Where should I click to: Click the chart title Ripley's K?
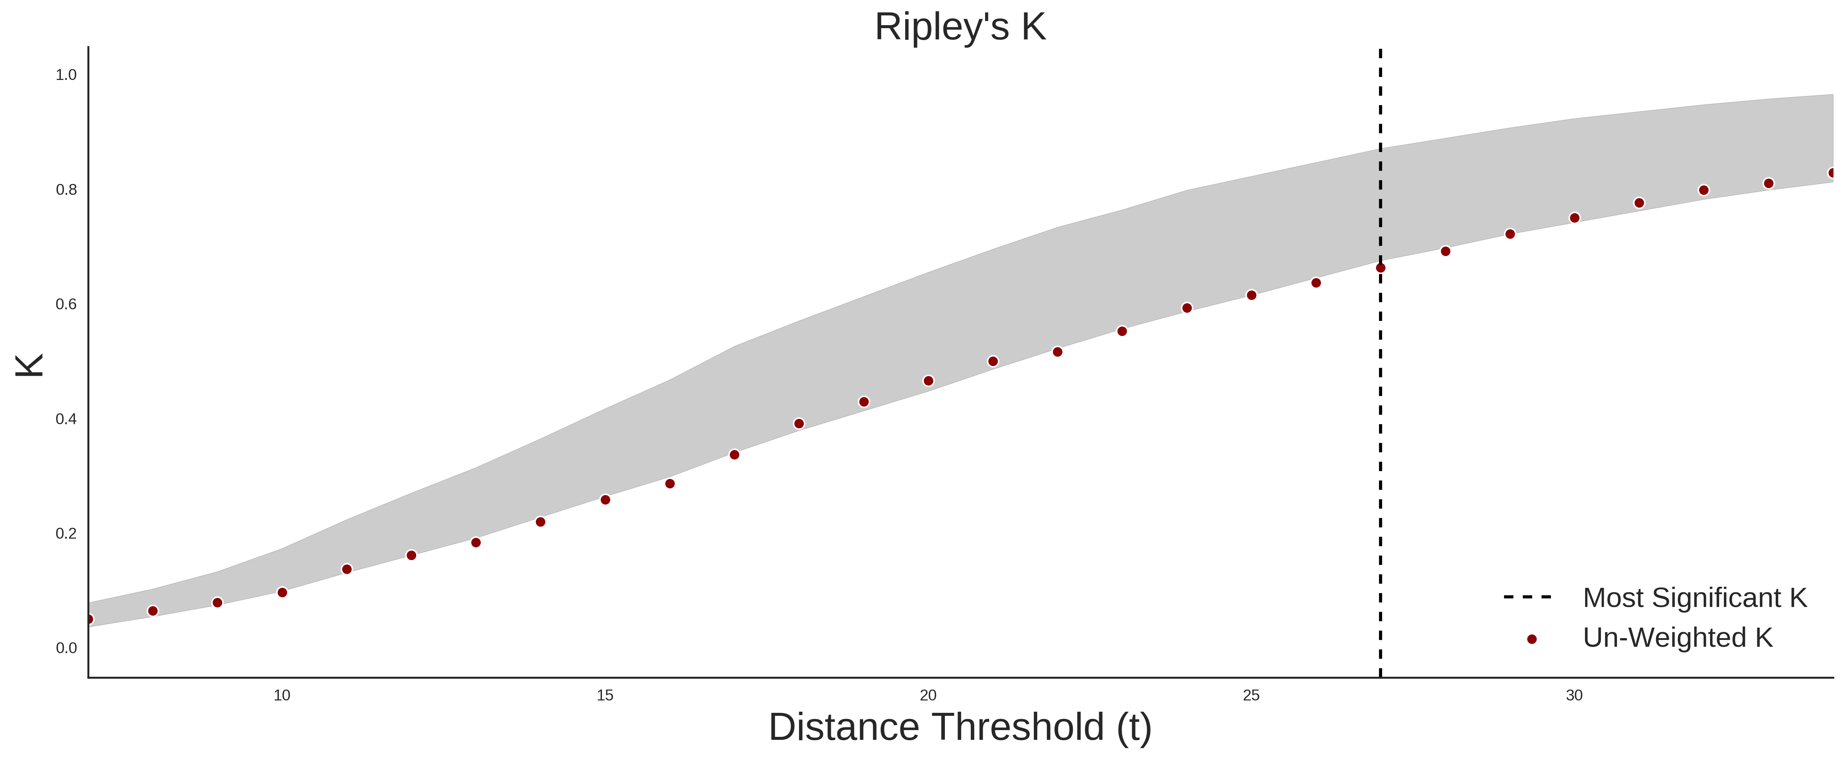coord(960,27)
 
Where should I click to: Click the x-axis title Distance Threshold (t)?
coord(960,727)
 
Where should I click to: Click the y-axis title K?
coord(29,365)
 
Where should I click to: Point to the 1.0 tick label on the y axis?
coord(66,75)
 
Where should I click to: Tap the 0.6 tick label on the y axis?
coord(66,304)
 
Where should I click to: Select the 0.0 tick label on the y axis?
coord(66,648)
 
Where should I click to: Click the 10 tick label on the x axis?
coord(282,695)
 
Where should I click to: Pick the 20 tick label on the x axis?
coord(928,695)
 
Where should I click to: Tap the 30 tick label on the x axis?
coord(1574,695)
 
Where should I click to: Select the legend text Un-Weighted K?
coord(1677,637)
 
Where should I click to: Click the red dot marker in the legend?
coord(1531,639)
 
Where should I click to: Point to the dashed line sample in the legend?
coord(1528,596)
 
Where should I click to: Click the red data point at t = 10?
coord(282,592)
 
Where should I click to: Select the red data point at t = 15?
coord(605,500)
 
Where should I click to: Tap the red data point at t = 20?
coord(928,381)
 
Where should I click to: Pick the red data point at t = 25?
coord(1251,295)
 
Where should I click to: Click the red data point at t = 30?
coord(1574,218)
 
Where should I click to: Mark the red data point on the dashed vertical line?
coord(1380,268)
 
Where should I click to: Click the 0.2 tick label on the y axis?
coord(66,533)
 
